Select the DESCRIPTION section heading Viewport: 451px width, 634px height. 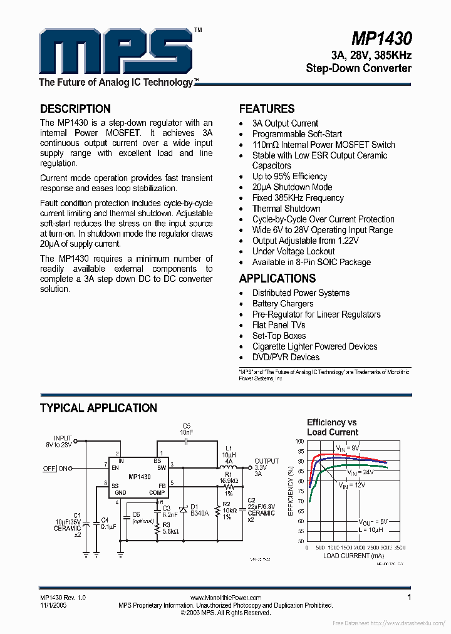[x=75, y=108]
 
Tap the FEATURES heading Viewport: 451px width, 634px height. [x=267, y=108]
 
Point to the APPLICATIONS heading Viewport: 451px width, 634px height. [x=277, y=278]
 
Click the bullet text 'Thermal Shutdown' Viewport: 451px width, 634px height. [x=286, y=209]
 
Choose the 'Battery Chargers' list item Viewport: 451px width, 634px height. [x=283, y=304]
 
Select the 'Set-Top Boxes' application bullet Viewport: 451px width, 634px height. [x=279, y=336]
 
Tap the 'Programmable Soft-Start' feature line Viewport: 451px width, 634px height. [x=297, y=134]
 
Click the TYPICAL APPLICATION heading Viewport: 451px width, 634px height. [x=98, y=408]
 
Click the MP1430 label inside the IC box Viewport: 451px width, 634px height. [x=139, y=477]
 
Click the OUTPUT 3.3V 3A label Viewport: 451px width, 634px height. [x=266, y=468]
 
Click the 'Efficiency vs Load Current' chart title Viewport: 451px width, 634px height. [x=332, y=427]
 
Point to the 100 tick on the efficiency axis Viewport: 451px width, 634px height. [x=300, y=441]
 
